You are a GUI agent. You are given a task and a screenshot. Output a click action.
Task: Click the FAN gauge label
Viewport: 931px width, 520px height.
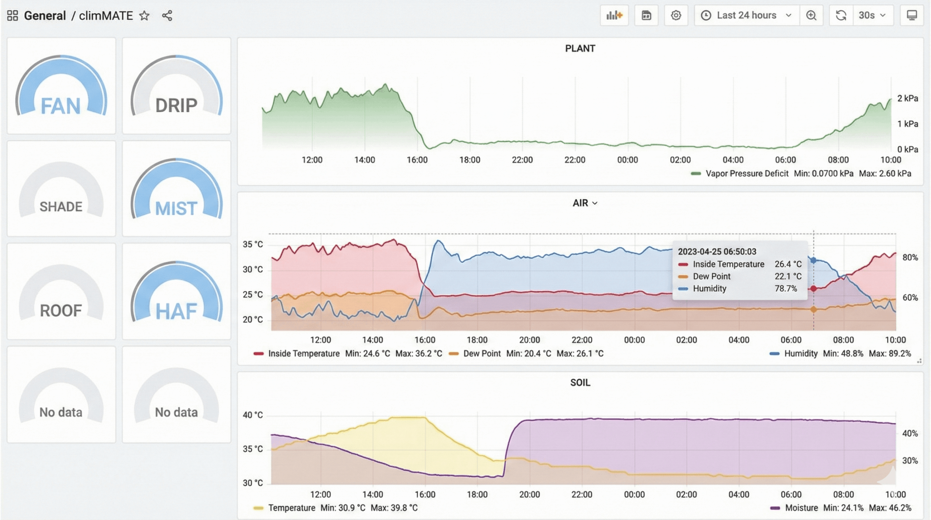pos(61,106)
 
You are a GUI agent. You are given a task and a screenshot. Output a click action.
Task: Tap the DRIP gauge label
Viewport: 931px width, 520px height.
pos(176,106)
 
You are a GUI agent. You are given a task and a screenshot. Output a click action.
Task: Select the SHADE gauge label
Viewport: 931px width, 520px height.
pos(61,207)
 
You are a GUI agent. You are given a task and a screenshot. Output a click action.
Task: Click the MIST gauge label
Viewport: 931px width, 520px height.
pos(176,209)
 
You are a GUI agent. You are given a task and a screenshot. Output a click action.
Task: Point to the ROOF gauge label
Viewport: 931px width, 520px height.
pos(61,311)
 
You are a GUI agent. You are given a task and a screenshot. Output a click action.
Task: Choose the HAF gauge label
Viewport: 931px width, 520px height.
pos(176,312)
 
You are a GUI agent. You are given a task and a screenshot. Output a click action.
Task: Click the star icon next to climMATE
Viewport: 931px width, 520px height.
pos(144,16)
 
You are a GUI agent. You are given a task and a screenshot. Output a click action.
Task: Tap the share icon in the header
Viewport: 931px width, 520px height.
pos(167,16)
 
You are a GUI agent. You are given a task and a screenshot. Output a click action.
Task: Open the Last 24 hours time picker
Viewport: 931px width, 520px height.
pos(746,15)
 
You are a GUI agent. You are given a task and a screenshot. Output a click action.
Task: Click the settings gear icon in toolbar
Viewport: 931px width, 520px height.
pos(676,15)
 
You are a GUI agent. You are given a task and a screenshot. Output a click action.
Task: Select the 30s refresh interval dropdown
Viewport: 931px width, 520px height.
pos(872,15)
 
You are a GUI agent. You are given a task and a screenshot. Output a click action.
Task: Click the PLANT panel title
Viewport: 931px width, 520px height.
pos(580,48)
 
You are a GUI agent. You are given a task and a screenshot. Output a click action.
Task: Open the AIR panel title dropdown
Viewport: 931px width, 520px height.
pos(584,203)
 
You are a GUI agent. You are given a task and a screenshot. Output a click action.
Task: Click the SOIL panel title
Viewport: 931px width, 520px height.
pos(580,382)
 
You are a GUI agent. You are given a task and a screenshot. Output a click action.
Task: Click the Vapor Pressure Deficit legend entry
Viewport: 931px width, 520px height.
pos(747,174)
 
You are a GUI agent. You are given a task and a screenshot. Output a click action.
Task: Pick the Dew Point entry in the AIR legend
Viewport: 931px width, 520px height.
pos(482,353)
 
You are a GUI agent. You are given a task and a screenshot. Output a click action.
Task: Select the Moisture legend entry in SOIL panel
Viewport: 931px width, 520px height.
pos(801,508)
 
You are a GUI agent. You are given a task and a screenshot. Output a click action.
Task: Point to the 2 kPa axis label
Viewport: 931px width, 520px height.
pos(907,98)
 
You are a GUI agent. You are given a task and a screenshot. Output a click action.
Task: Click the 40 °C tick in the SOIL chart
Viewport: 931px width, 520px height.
pos(252,415)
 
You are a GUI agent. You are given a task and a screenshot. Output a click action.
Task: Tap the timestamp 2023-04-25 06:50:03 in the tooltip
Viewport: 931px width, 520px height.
pos(717,251)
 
